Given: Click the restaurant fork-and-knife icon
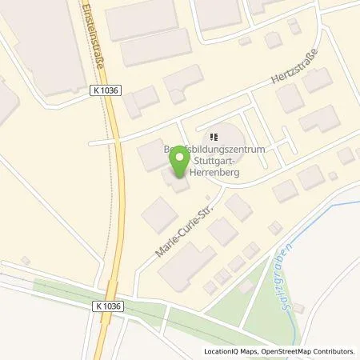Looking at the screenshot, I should pyautogui.click(x=213, y=137).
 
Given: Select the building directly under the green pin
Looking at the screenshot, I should pyautogui.click(x=178, y=182).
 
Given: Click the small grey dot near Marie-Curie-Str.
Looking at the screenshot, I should pyautogui.click(x=207, y=195).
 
